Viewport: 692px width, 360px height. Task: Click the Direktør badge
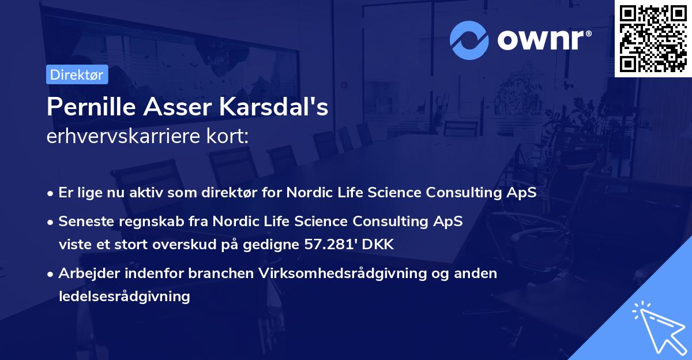coord(77,74)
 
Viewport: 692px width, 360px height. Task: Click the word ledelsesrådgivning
coord(124,297)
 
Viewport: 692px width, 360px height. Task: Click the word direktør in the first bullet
coord(251,193)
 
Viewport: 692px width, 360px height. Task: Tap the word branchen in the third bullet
coord(223,273)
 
